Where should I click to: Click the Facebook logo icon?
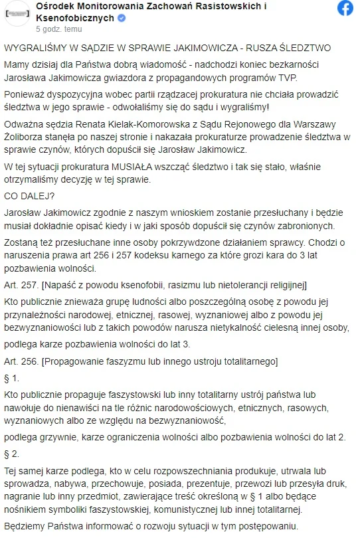pyautogui.click(x=345, y=9)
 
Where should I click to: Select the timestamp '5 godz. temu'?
pyautogui.click(x=59, y=29)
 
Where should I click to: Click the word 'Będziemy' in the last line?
pyautogui.click(x=24, y=526)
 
